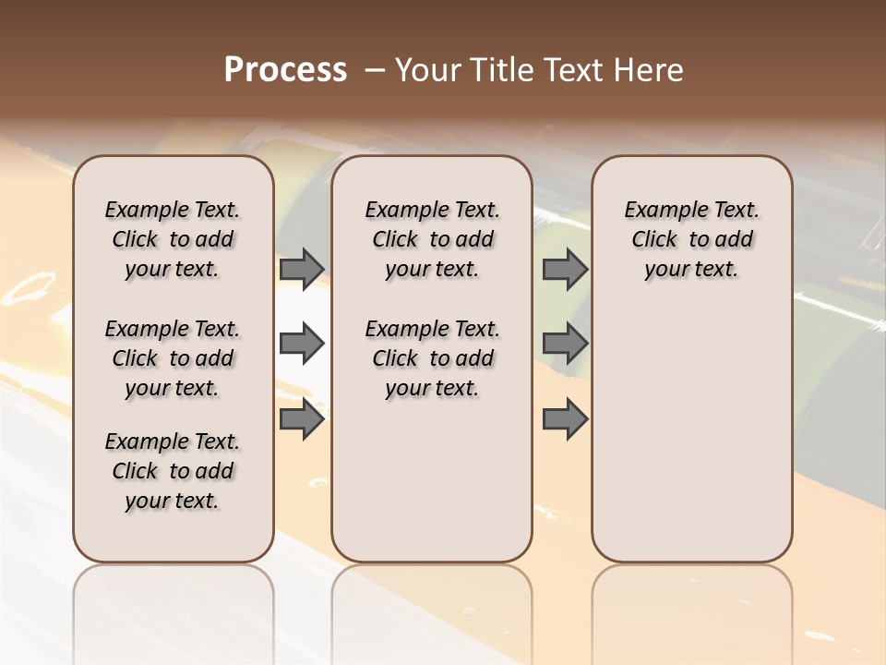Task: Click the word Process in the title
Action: [x=285, y=70]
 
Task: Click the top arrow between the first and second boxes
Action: [x=302, y=270]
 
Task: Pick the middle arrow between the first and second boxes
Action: [x=302, y=345]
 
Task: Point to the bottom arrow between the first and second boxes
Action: [x=302, y=419]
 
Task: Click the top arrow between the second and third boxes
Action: [x=565, y=270]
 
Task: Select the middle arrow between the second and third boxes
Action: [x=565, y=345]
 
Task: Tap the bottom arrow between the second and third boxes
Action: [x=565, y=419]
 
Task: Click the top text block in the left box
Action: [x=173, y=239]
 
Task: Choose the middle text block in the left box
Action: [x=173, y=358]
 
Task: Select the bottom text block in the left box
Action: [x=173, y=471]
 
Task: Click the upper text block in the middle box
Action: [x=432, y=239]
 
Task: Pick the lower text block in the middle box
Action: [x=432, y=358]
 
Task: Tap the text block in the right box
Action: [x=692, y=239]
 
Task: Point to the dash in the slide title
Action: [x=375, y=70]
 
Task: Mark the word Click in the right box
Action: [x=654, y=239]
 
